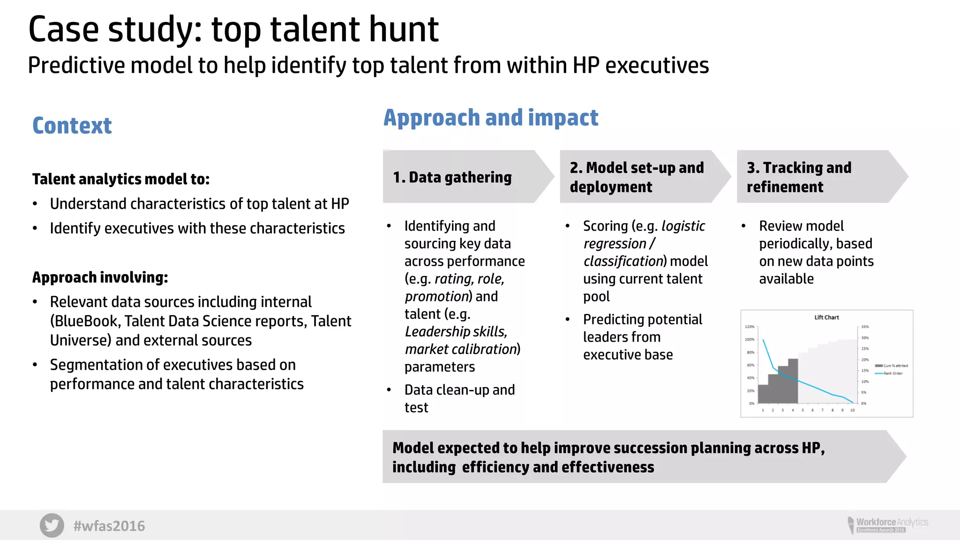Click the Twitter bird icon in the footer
click(52, 525)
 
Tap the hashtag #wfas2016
click(109, 526)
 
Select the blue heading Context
click(72, 126)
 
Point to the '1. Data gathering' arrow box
click(464, 177)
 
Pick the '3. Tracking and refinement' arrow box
click(818, 177)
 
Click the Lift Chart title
click(826, 317)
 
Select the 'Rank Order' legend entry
click(889, 374)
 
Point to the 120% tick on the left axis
click(750, 327)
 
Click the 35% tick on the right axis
click(865, 327)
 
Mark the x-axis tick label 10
click(852, 410)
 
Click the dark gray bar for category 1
click(763, 394)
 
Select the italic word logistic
click(683, 226)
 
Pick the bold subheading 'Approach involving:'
click(100, 277)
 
